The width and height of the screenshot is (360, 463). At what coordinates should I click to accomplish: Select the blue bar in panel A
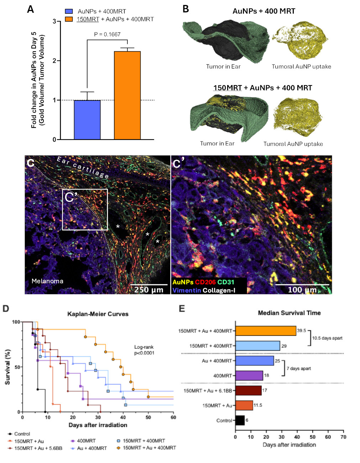tap(87, 120)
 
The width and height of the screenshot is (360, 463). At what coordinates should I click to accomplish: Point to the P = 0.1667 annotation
tap(107, 35)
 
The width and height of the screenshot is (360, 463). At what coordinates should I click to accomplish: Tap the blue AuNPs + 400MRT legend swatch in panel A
tap(69, 11)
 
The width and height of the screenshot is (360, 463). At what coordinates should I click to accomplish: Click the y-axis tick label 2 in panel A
tap(54, 61)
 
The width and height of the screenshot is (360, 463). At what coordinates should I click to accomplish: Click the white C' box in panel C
tap(85, 209)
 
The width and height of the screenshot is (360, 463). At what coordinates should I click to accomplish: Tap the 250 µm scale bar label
tap(148, 290)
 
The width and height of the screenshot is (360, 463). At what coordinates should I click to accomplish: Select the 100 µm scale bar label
tap(302, 290)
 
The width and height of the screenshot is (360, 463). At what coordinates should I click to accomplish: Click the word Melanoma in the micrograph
tap(47, 281)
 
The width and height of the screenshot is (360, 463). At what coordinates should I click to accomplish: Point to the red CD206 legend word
tap(205, 282)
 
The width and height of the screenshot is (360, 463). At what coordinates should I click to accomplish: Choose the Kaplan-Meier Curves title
tap(98, 314)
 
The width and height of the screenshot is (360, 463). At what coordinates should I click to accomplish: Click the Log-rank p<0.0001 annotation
tap(144, 350)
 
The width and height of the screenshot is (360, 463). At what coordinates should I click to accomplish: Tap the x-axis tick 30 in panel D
tap(98, 417)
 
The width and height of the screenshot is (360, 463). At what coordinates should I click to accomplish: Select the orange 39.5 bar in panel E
tap(266, 331)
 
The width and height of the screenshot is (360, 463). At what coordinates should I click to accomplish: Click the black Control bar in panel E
tap(240, 421)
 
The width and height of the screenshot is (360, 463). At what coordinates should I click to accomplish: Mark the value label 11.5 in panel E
tap(258, 405)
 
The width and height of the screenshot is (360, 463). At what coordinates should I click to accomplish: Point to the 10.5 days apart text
tap(327, 338)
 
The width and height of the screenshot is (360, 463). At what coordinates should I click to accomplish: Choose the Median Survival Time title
tap(289, 313)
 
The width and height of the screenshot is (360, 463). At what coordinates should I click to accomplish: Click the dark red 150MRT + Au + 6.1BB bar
tap(248, 391)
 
